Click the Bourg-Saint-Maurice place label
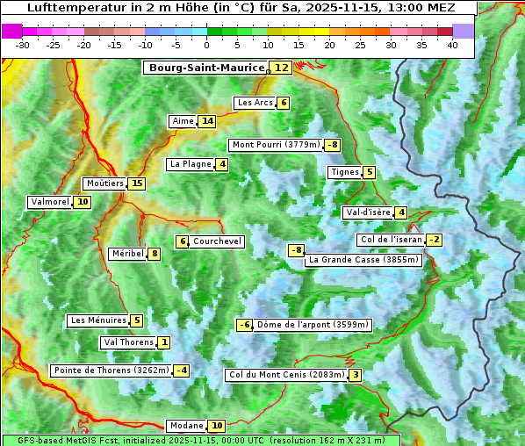click(x=206, y=68)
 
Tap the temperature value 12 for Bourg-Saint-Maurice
click(x=281, y=68)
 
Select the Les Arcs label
click(x=255, y=103)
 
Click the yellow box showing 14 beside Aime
click(x=206, y=121)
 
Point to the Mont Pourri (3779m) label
click(x=276, y=145)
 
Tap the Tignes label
click(x=345, y=172)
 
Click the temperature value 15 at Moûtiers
click(x=136, y=183)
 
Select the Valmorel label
click(x=49, y=202)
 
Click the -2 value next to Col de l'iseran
click(x=434, y=241)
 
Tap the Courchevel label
click(x=217, y=241)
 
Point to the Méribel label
click(x=127, y=254)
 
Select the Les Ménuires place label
click(x=98, y=320)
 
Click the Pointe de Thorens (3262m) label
click(x=111, y=370)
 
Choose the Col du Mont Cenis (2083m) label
click(x=286, y=375)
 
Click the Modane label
click(x=186, y=426)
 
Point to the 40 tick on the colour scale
click(x=452, y=45)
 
